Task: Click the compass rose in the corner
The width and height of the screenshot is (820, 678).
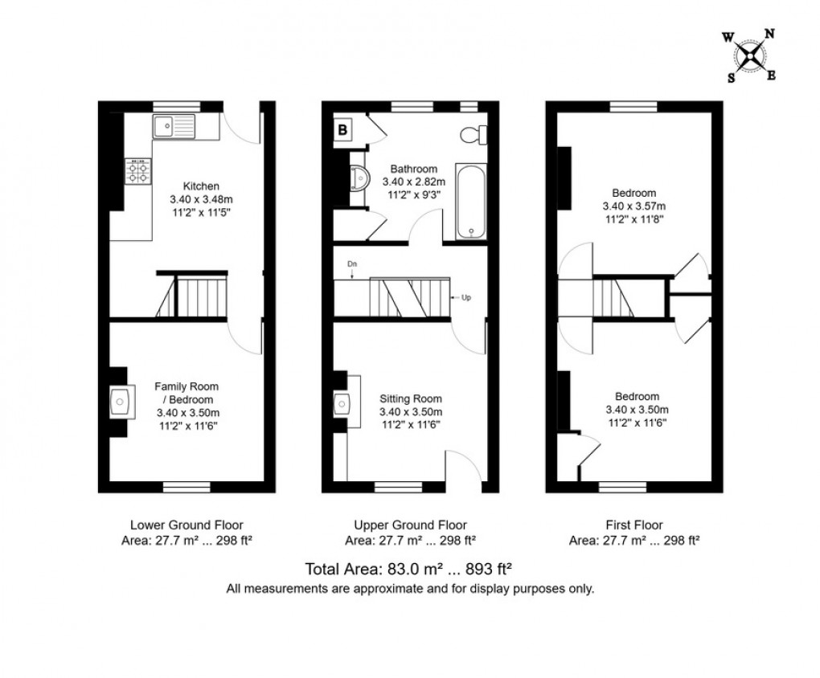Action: [x=749, y=55]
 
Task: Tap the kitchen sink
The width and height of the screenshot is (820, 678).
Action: [x=174, y=125]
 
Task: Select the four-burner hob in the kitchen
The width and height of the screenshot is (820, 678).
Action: [x=137, y=170]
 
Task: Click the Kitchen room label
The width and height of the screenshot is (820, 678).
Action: [x=200, y=186]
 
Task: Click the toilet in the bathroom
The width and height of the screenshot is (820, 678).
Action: [x=472, y=133]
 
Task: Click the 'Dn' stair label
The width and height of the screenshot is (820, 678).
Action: [x=352, y=263]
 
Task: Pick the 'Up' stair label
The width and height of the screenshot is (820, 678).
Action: [x=465, y=298]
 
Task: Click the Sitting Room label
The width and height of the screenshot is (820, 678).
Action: [x=410, y=398]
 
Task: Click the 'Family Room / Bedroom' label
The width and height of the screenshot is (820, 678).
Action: [x=187, y=393]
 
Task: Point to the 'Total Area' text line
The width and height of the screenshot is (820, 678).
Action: [x=409, y=569]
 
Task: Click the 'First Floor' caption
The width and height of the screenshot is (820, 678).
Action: [x=633, y=525]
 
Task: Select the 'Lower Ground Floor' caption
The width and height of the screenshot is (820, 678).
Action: [x=186, y=525]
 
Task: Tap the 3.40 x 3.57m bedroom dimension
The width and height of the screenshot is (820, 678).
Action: [x=634, y=206]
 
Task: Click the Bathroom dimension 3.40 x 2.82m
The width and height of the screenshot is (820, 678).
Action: [x=414, y=182]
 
